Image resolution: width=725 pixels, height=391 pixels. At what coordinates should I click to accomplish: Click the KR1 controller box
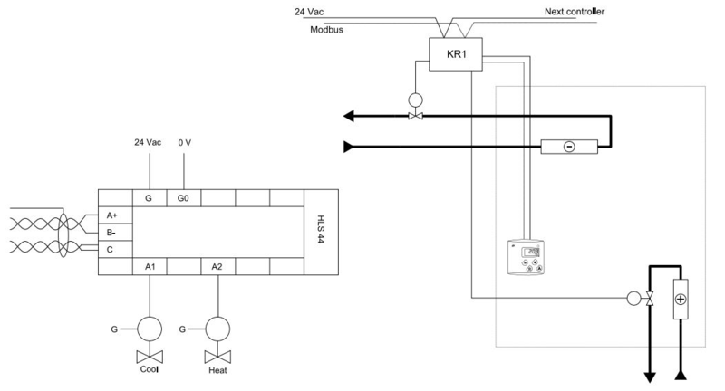[455, 54]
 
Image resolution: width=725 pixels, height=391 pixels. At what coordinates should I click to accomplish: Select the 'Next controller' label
[575, 12]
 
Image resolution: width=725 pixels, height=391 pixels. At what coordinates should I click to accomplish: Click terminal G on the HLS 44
[149, 197]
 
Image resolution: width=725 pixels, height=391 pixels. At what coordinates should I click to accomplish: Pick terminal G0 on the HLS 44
[184, 197]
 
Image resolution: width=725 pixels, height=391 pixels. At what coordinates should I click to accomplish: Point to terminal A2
[217, 266]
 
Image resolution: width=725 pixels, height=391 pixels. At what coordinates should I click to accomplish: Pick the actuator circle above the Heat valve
[218, 326]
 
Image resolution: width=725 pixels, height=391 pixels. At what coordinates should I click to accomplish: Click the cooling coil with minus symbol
[568, 147]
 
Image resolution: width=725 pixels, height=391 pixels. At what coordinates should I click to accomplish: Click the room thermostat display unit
[527, 258]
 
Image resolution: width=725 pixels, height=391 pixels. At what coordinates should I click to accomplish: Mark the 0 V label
[185, 143]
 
